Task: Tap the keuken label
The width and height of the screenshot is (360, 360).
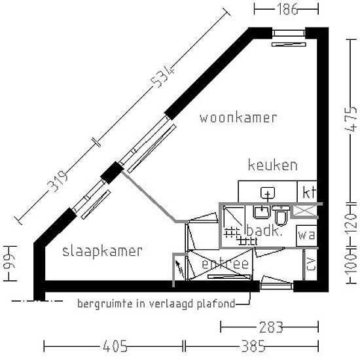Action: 272,165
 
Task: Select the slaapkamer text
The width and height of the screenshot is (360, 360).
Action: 103,251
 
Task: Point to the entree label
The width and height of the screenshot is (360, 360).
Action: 225,264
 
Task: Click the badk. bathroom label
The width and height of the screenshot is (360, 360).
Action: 264,231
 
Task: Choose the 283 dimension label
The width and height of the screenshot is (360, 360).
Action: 269,326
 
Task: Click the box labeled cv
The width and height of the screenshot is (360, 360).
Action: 310,265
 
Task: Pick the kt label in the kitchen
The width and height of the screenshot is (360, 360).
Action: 309,192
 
